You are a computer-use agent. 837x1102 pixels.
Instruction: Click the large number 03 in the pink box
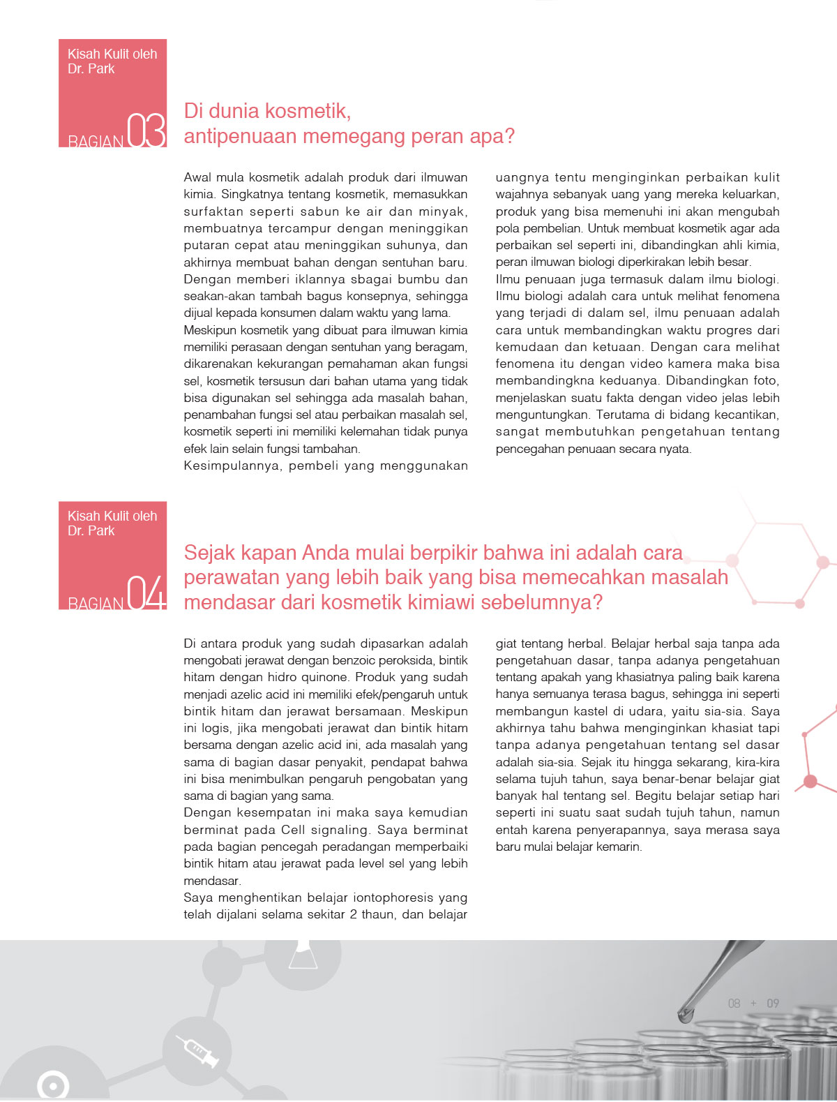(x=147, y=131)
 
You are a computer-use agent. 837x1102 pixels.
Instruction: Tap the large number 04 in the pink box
(x=147, y=593)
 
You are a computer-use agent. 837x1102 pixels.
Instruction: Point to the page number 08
(x=734, y=1004)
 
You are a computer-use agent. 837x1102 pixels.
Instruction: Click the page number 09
(x=773, y=1004)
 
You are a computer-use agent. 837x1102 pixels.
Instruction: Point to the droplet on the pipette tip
(x=686, y=1013)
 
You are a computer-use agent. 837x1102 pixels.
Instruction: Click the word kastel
(x=573, y=711)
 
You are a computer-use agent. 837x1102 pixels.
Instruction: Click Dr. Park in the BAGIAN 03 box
(x=91, y=69)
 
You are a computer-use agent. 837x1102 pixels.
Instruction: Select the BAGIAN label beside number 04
(x=96, y=604)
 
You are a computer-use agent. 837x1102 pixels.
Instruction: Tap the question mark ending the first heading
(x=509, y=136)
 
